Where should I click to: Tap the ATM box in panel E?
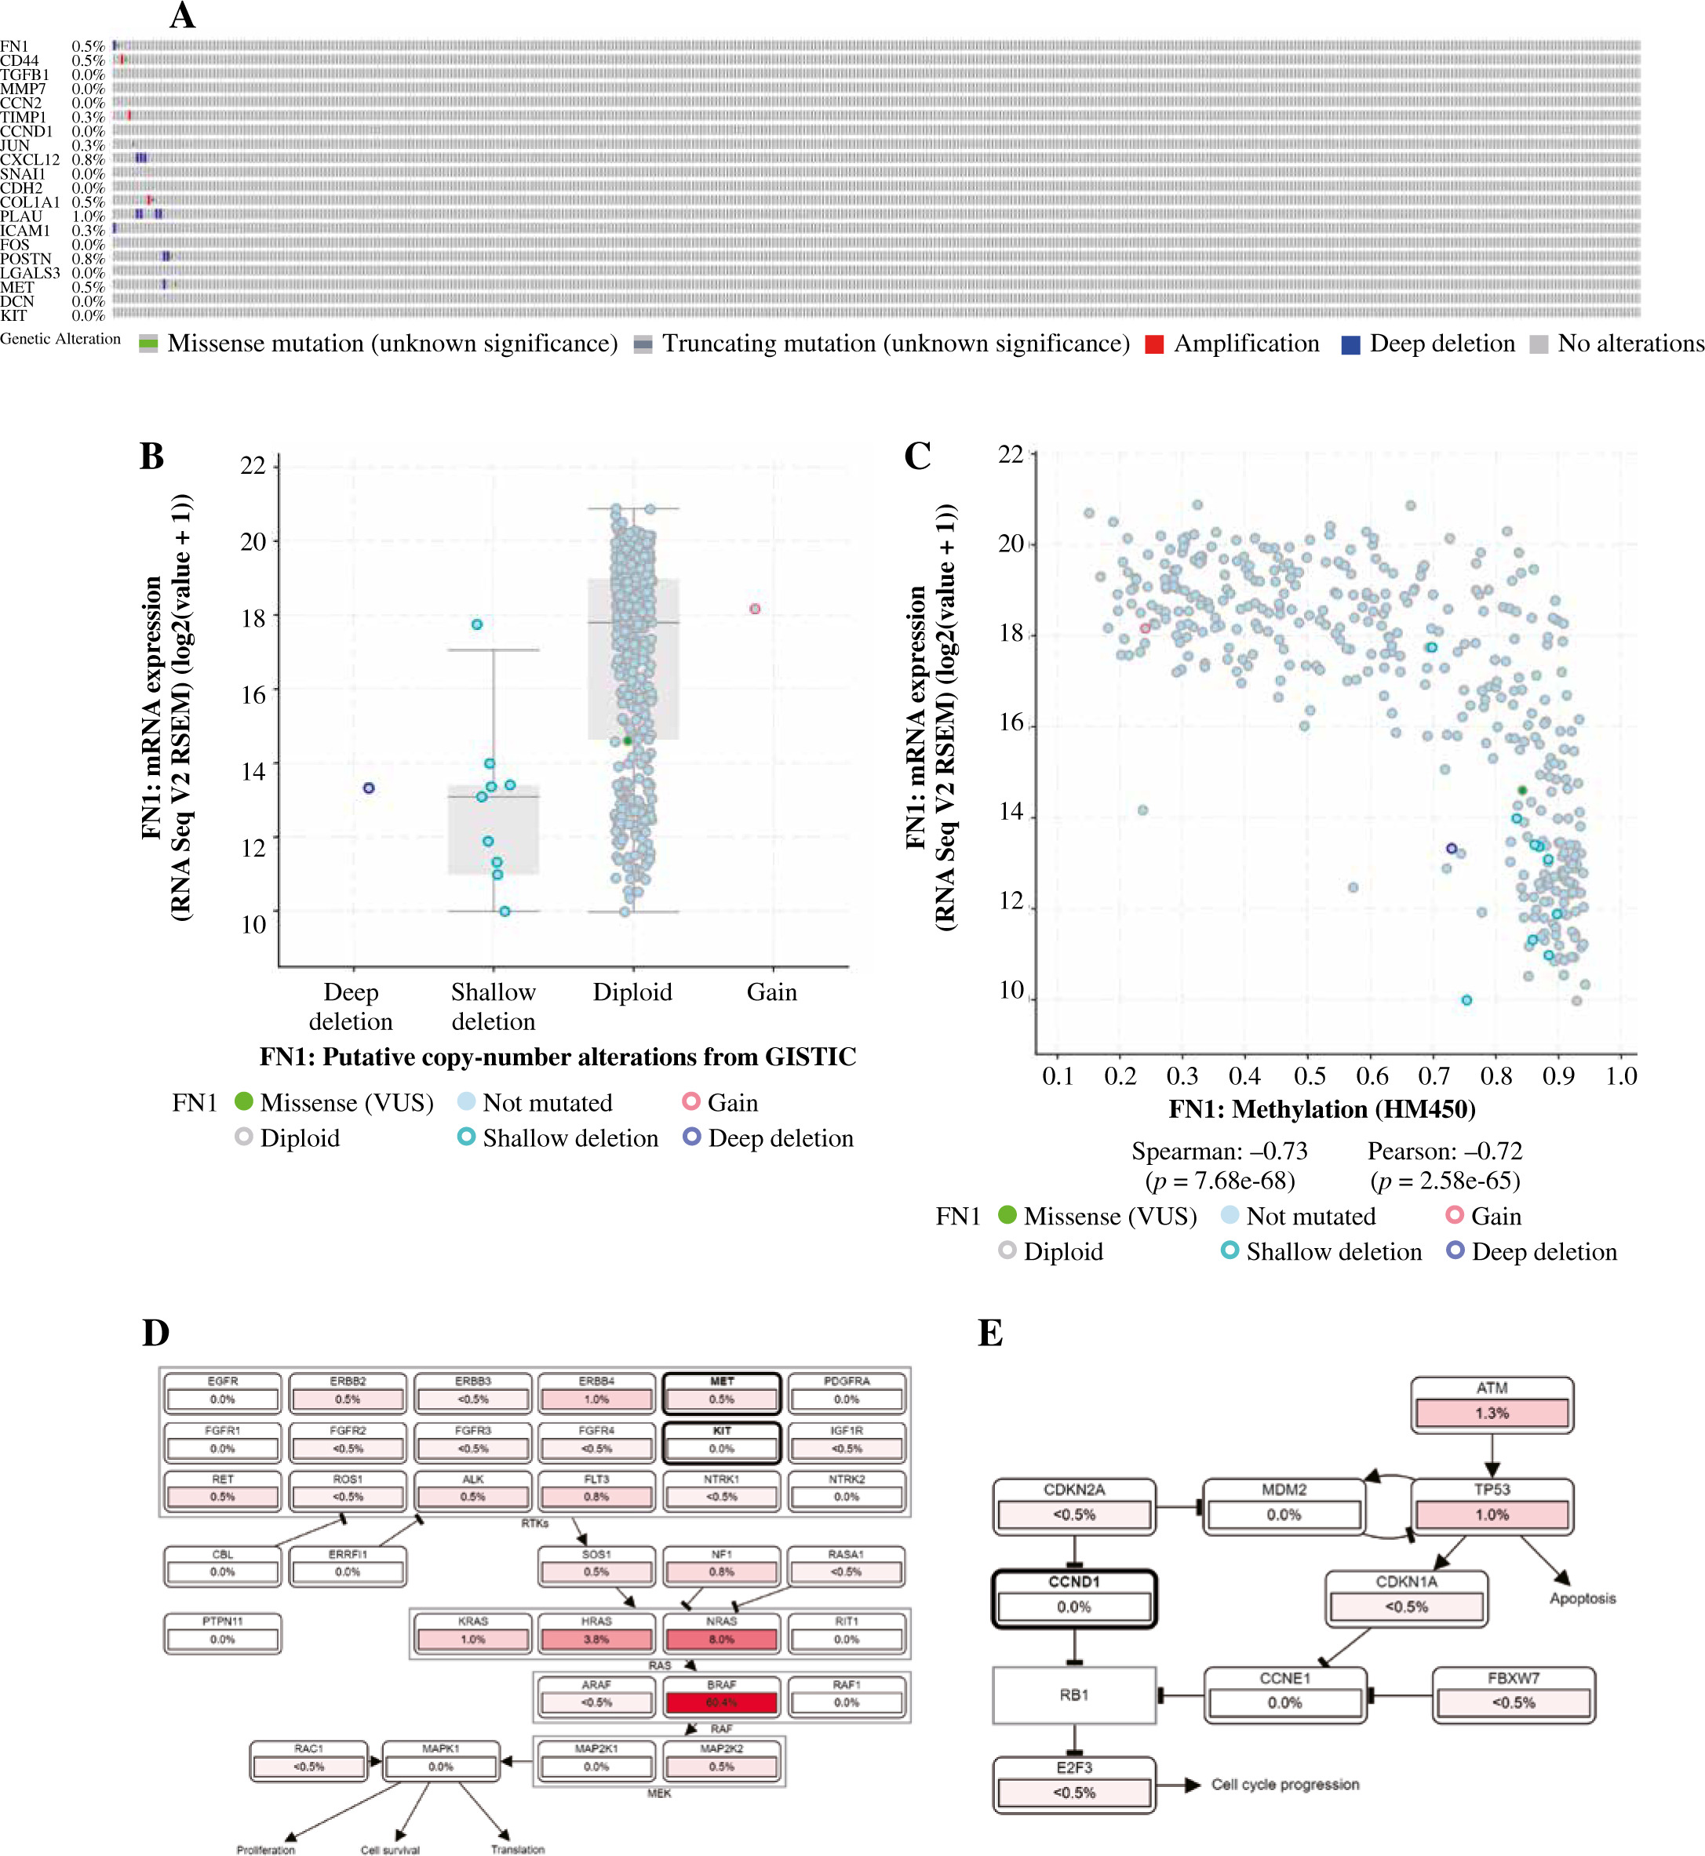[x=1492, y=1404]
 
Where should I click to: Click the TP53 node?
[x=1492, y=1505]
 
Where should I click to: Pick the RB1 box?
[x=1074, y=1694]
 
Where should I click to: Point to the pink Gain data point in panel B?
[x=755, y=609]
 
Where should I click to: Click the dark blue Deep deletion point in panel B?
[x=369, y=788]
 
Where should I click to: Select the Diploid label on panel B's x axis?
[x=632, y=992]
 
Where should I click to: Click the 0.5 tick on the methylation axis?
[x=1310, y=1075]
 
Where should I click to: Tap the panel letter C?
[x=917, y=456]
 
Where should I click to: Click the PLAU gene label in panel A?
[x=21, y=216]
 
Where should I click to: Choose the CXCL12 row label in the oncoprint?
[x=30, y=159]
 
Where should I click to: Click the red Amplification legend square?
[x=1153, y=344]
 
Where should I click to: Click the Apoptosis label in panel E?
[x=1583, y=1599]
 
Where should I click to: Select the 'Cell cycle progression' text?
[x=1284, y=1785]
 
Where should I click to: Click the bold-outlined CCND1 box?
[x=1074, y=1598]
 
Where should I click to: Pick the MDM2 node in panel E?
[x=1284, y=1505]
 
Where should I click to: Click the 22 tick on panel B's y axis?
[x=253, y=465]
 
